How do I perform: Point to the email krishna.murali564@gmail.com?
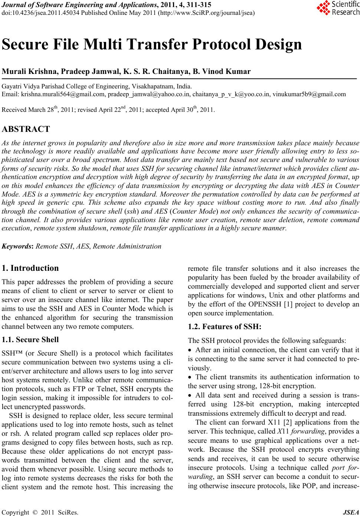(x=63, y=94)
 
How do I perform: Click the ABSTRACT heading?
(x=26, y=129)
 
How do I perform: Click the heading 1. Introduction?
(x=30, y=268)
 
